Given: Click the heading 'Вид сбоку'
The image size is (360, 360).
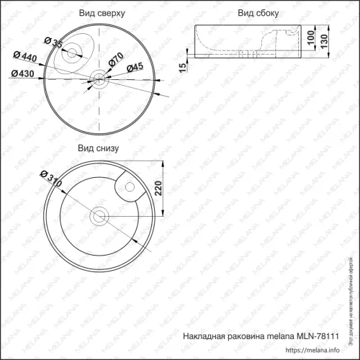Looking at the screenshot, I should coord(258,14).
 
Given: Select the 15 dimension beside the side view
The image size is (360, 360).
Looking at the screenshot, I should coord(183,66).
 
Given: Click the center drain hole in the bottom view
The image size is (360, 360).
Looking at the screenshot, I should coord(99,215).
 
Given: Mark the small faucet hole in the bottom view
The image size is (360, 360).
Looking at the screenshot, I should coord(130,189).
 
